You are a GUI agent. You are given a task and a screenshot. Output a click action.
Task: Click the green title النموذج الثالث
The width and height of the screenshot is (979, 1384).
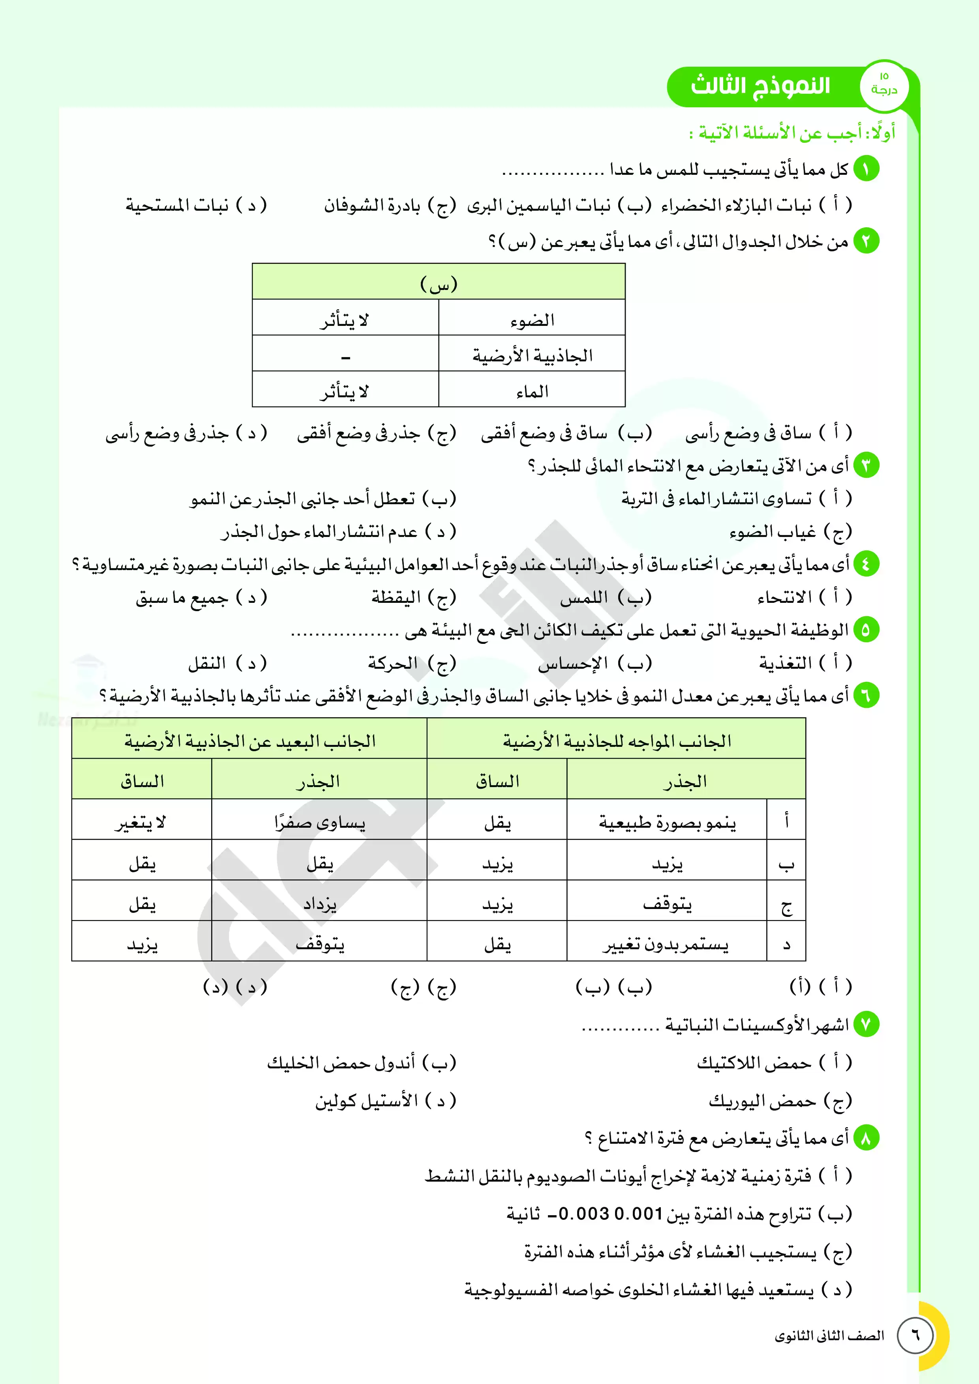pos(760,86)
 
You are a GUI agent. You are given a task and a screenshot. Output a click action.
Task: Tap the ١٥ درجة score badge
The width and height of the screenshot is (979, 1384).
pos(884,84)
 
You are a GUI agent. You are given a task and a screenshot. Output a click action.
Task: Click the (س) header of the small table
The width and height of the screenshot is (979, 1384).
pos(439,283)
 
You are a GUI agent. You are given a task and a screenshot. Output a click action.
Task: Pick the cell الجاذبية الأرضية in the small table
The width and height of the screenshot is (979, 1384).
pos(532,355)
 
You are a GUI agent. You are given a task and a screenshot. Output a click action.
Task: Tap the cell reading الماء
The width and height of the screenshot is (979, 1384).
pos(532,392)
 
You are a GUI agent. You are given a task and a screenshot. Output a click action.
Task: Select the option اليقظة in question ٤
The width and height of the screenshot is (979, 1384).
pos(396,597)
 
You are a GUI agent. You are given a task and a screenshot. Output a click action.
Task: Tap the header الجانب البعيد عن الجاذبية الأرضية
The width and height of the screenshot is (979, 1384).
pos(250,741)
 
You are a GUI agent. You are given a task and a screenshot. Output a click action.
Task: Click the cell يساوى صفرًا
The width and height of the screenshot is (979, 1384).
pos(320,822)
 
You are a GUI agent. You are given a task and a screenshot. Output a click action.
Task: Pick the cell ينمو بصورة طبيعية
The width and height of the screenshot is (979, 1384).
pos(667,822)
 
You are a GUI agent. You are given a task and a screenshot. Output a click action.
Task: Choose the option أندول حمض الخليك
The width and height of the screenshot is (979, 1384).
pos(341,1063)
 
